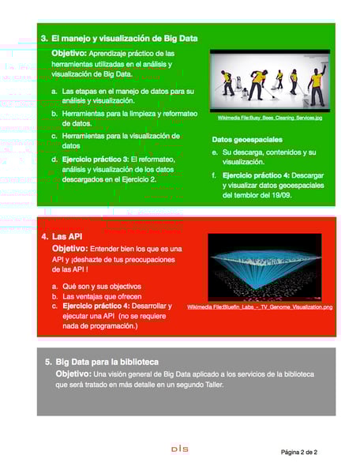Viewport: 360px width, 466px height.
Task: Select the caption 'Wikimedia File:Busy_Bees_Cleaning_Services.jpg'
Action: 269,118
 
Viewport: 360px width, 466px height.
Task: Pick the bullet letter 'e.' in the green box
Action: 215,152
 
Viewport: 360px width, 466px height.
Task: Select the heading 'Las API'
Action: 67,236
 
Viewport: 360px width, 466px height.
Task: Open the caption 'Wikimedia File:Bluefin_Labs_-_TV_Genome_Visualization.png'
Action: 260,306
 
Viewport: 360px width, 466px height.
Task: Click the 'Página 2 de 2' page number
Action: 299,452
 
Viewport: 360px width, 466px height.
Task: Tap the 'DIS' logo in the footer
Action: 179,449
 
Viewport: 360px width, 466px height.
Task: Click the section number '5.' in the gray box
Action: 49,362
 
